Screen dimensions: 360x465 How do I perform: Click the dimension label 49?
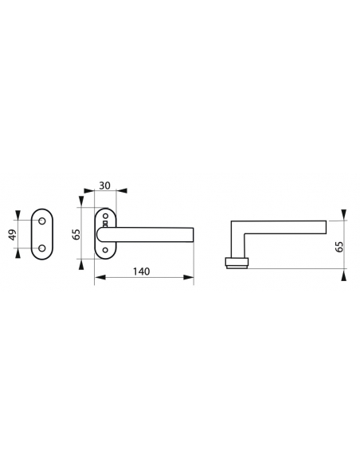pyautogui.click(x=13, y=235)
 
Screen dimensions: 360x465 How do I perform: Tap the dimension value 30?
pyautogui.click(x=104, y=186)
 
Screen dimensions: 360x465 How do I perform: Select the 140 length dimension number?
pyautogui.click(x=141, y=272)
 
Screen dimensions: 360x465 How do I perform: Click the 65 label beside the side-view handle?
pyautogui.click(x=339, y=247)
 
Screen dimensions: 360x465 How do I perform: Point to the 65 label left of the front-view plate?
pyautogui.click(x=76, y=235)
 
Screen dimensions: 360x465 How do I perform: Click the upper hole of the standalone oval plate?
pyautogui.click(x=42, y=221)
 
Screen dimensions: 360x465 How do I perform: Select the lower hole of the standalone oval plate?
pyautogui.click(x=42, y=248)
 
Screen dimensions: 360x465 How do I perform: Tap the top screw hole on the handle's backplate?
pyautogui.click(x=105, y=216)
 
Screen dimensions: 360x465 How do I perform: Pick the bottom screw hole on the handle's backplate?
pyautogui.click(x=105, y=250)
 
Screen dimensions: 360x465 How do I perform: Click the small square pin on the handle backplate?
pyautogui.click(x=105, y=223)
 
